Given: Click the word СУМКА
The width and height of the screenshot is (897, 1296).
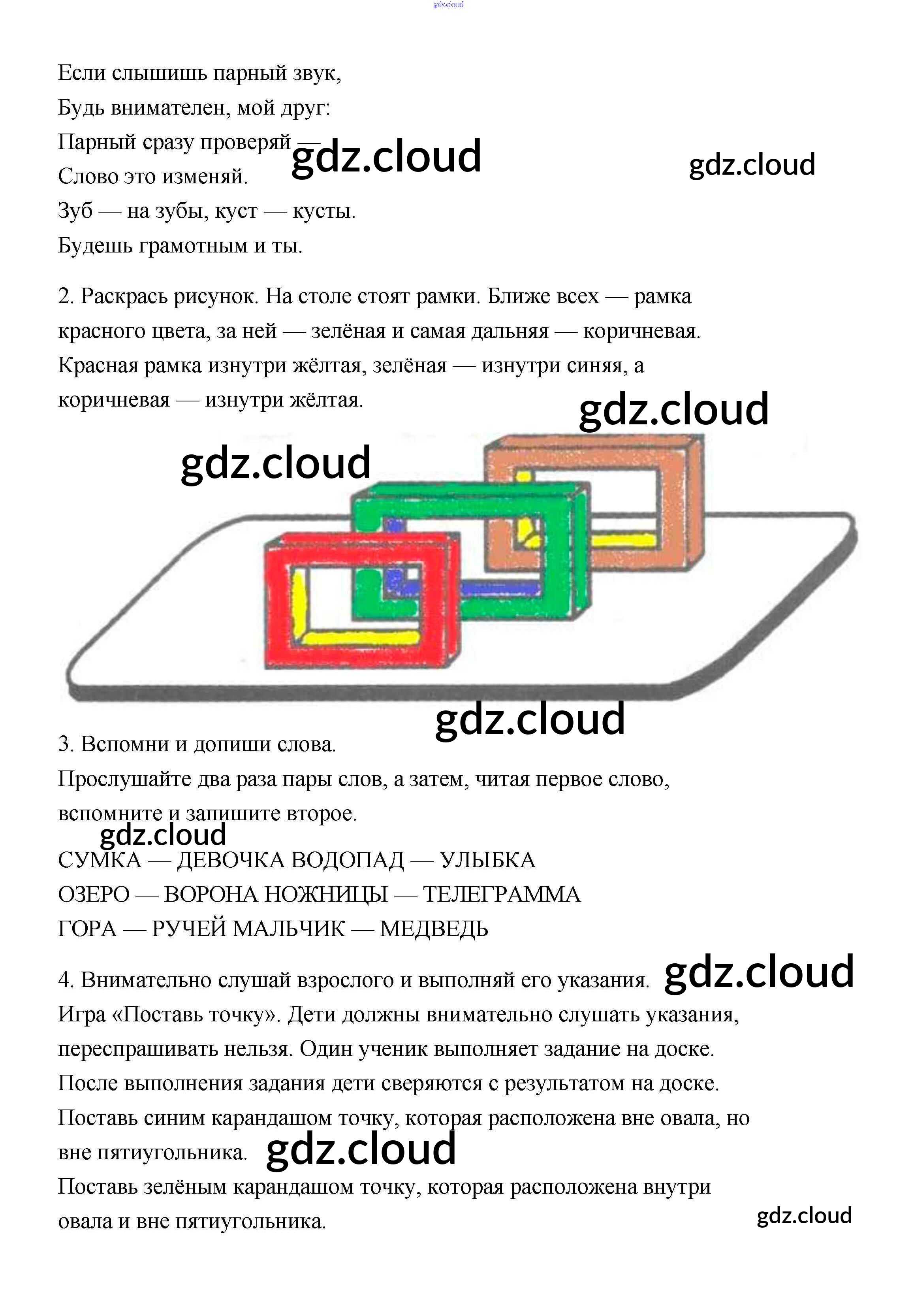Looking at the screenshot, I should [100, 860].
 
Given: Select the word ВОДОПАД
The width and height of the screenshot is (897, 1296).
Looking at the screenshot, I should [347, 860].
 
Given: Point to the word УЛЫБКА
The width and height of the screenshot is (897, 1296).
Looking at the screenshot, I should [487, 860].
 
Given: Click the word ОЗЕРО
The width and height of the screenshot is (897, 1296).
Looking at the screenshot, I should [94, 895].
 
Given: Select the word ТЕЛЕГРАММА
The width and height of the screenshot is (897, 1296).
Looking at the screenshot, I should [501, 895].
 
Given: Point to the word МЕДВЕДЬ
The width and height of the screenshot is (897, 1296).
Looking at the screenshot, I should [434, 929].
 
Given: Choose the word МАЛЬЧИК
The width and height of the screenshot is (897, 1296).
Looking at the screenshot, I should [288, 929].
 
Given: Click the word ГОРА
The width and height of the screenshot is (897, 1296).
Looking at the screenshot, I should [87, 929].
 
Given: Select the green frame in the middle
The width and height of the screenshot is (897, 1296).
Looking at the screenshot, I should [557, 562].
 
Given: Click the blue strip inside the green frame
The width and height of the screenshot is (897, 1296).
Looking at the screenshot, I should [500, 589].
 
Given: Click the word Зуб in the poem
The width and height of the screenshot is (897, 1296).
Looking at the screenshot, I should [75, 211].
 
